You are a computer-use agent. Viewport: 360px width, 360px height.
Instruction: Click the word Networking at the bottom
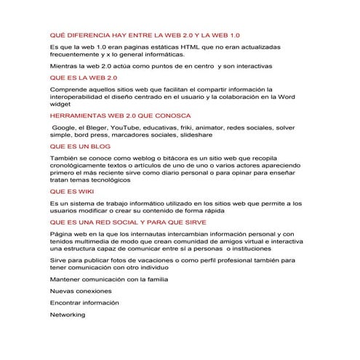(x=68, y=314)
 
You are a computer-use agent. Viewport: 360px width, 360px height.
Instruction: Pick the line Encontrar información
(x=84, y=302)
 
